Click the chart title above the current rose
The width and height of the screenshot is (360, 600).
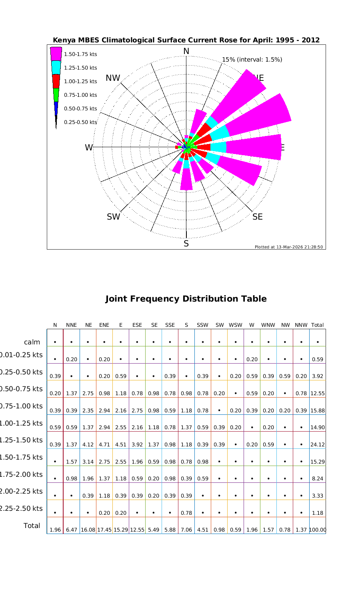(186, 40)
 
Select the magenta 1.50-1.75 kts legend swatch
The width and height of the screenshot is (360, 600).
(56, 54)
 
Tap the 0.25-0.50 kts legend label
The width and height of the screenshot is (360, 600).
(80, 122)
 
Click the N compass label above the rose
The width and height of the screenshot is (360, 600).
(186, 51)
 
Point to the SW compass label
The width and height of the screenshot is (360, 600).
(113, 217)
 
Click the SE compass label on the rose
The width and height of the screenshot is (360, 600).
(258, 217)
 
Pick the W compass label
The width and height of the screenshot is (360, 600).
(88, 148)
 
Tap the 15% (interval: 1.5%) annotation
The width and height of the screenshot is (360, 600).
(252, 60)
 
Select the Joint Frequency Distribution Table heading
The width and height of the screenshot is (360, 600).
(186, 299)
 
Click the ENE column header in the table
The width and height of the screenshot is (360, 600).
(104, 325)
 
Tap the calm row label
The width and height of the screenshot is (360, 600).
(32, 342)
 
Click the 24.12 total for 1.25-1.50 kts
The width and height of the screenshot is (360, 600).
(318, 444)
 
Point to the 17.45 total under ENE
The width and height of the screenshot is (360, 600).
(104, 530)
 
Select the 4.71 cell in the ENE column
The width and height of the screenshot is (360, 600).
(104, 444)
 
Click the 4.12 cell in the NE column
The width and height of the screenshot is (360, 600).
(88, 444)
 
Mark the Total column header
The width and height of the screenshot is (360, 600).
(317, 325)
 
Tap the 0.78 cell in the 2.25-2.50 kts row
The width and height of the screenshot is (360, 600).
(186, 513)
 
